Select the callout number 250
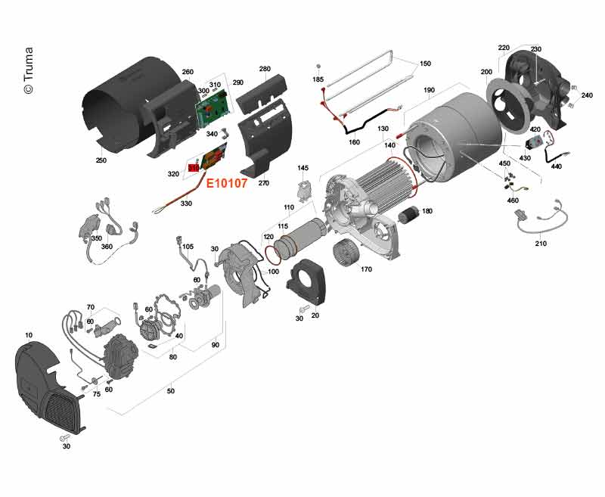[x=101, y=161]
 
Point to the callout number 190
[x=429, y=90]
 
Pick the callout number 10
[x=29, y=334]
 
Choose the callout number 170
[x=367, y=268]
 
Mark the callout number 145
[x=303, y=168]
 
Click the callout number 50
[x=171, y=391]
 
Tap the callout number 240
[x=587, y=96]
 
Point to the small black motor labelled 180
[x=409, y=216]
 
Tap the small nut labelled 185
[x=319, y=68]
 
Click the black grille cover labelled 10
[x=45, y=381]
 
